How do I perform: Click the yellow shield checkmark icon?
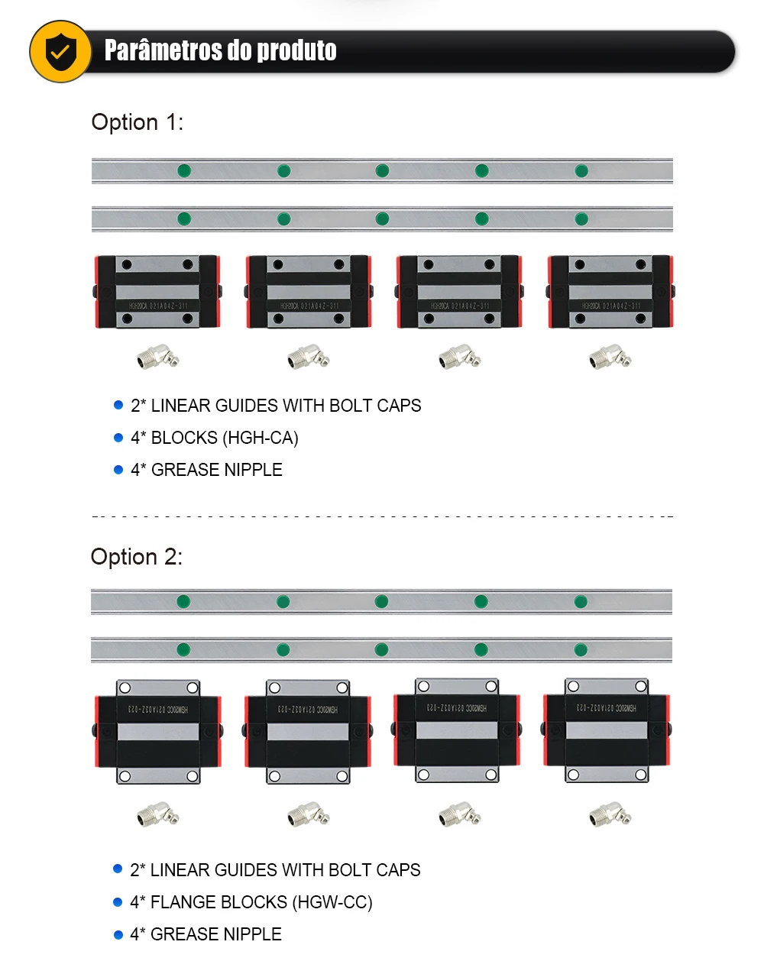pyautogui.click(x=60, y=52)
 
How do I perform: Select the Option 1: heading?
pyautogui.click(x=138, y=122)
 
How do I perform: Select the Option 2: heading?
pyautogui.click(x=137, y=557)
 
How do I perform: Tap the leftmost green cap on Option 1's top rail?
pyautogui.click(x=184, y=170)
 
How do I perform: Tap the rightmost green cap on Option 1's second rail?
pyautogui.click(x=581, y=219)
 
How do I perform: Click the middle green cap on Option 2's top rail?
pyautogui.click(x=382, y=602)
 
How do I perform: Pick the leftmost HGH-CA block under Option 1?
pyautogui.click(x=157, y=292)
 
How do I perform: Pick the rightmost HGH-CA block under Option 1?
pyautogui.click(x=610, y=292)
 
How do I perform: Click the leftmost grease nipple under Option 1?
pyautogui.click(x=157, y=357)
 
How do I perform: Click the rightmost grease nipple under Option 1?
pyautogui.click(x=610, y=357)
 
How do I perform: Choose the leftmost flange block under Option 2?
pyautogui.click(x=158, y=731)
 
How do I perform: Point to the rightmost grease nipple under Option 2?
pyautogui.click(x=610, y=815)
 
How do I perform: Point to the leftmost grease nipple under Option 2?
pyautogui.click(x=157, y=815)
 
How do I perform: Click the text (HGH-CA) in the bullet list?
pyautogui.click(x=261, y=438)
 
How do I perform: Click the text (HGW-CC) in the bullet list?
pyautogui.click(x=335, y=903)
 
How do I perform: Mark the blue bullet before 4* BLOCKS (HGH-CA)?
pyautogui.click(x=118, y=438)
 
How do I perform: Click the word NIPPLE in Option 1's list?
pyautogui.click(x=251, y=471)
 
